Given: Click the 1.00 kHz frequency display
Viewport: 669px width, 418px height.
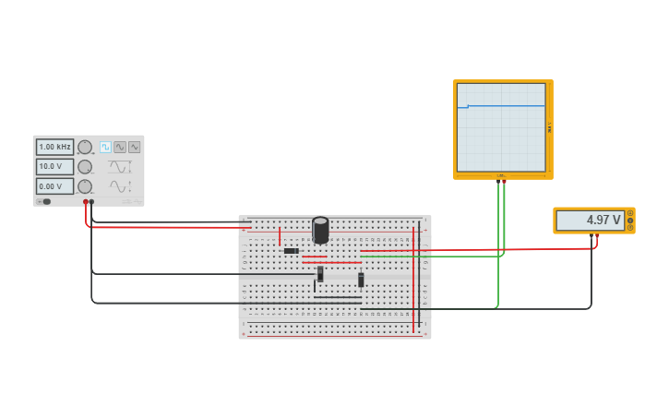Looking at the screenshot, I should coord(54,147).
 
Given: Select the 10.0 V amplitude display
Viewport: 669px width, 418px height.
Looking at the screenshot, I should coord(54,167).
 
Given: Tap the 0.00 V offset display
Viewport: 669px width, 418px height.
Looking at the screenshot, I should coord(54,186).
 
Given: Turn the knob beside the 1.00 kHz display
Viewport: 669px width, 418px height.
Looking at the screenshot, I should coord(85,147).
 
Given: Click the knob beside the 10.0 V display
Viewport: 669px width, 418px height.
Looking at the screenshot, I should coord(85,167).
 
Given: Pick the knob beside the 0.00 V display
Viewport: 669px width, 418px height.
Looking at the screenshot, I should coord(85,186).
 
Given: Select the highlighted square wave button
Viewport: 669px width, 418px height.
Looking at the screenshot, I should coord(105,147).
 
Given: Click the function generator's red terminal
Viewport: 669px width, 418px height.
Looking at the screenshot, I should coord(85,201).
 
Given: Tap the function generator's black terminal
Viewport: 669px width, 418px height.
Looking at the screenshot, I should coord(91,201).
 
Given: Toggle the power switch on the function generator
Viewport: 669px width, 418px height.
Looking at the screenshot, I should coord(44,201).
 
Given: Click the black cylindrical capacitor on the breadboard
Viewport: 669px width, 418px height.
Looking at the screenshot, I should coord(320,230).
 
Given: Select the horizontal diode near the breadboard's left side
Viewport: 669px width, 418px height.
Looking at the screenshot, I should coord(291,251).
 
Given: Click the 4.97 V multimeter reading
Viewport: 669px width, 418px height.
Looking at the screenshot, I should coord(591,221).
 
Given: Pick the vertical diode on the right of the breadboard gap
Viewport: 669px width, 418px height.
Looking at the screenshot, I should coord(361,280).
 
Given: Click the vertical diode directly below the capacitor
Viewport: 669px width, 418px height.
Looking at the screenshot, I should coord(320,274).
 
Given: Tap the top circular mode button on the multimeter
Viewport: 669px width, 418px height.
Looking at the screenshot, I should coord(630,213).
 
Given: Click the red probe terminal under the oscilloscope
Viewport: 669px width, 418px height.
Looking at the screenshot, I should coord(504,182).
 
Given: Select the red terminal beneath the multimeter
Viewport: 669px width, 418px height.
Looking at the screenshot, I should coord(596,235).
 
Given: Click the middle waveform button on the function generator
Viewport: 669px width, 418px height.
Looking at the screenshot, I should coord(120,147).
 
